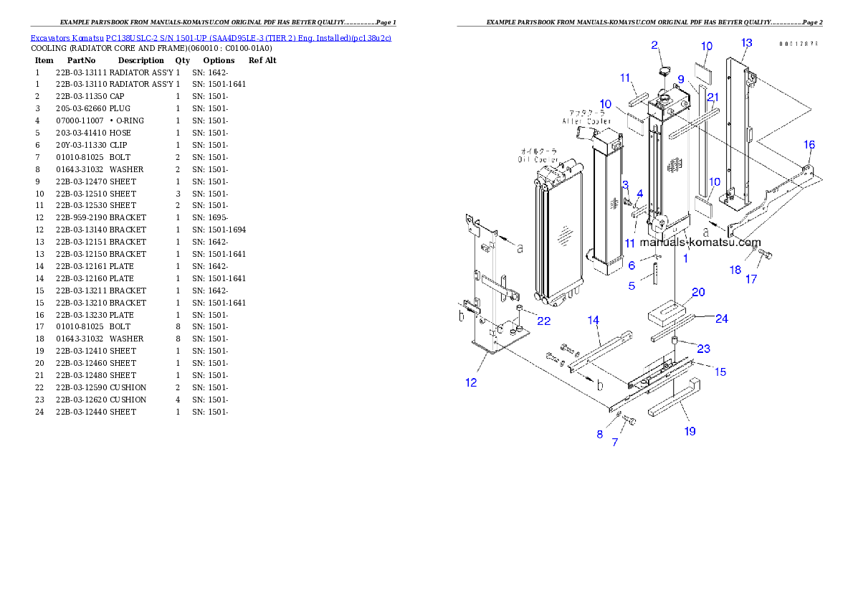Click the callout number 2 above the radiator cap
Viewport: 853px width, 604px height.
click(x=654, y=46)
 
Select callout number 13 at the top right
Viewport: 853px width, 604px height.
click(x=746, y=43)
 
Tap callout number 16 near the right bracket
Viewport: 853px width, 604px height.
click(x=809, y=145)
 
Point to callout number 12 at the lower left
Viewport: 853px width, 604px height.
click(x=471, y=382)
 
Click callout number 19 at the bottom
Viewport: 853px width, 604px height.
click(x=690, y=431)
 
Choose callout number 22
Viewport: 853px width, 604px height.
click(x=544, y=321)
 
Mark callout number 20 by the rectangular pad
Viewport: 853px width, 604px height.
click(x=697, y=292)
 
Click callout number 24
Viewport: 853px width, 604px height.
click(x=721, y=318)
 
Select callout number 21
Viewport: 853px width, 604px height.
click(x=713, y=97)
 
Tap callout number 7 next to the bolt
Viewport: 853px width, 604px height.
click(x=614, y=443)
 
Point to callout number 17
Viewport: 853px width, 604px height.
click(x=750, y=279)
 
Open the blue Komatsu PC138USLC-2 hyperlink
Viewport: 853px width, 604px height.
click(x=210, y=37)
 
